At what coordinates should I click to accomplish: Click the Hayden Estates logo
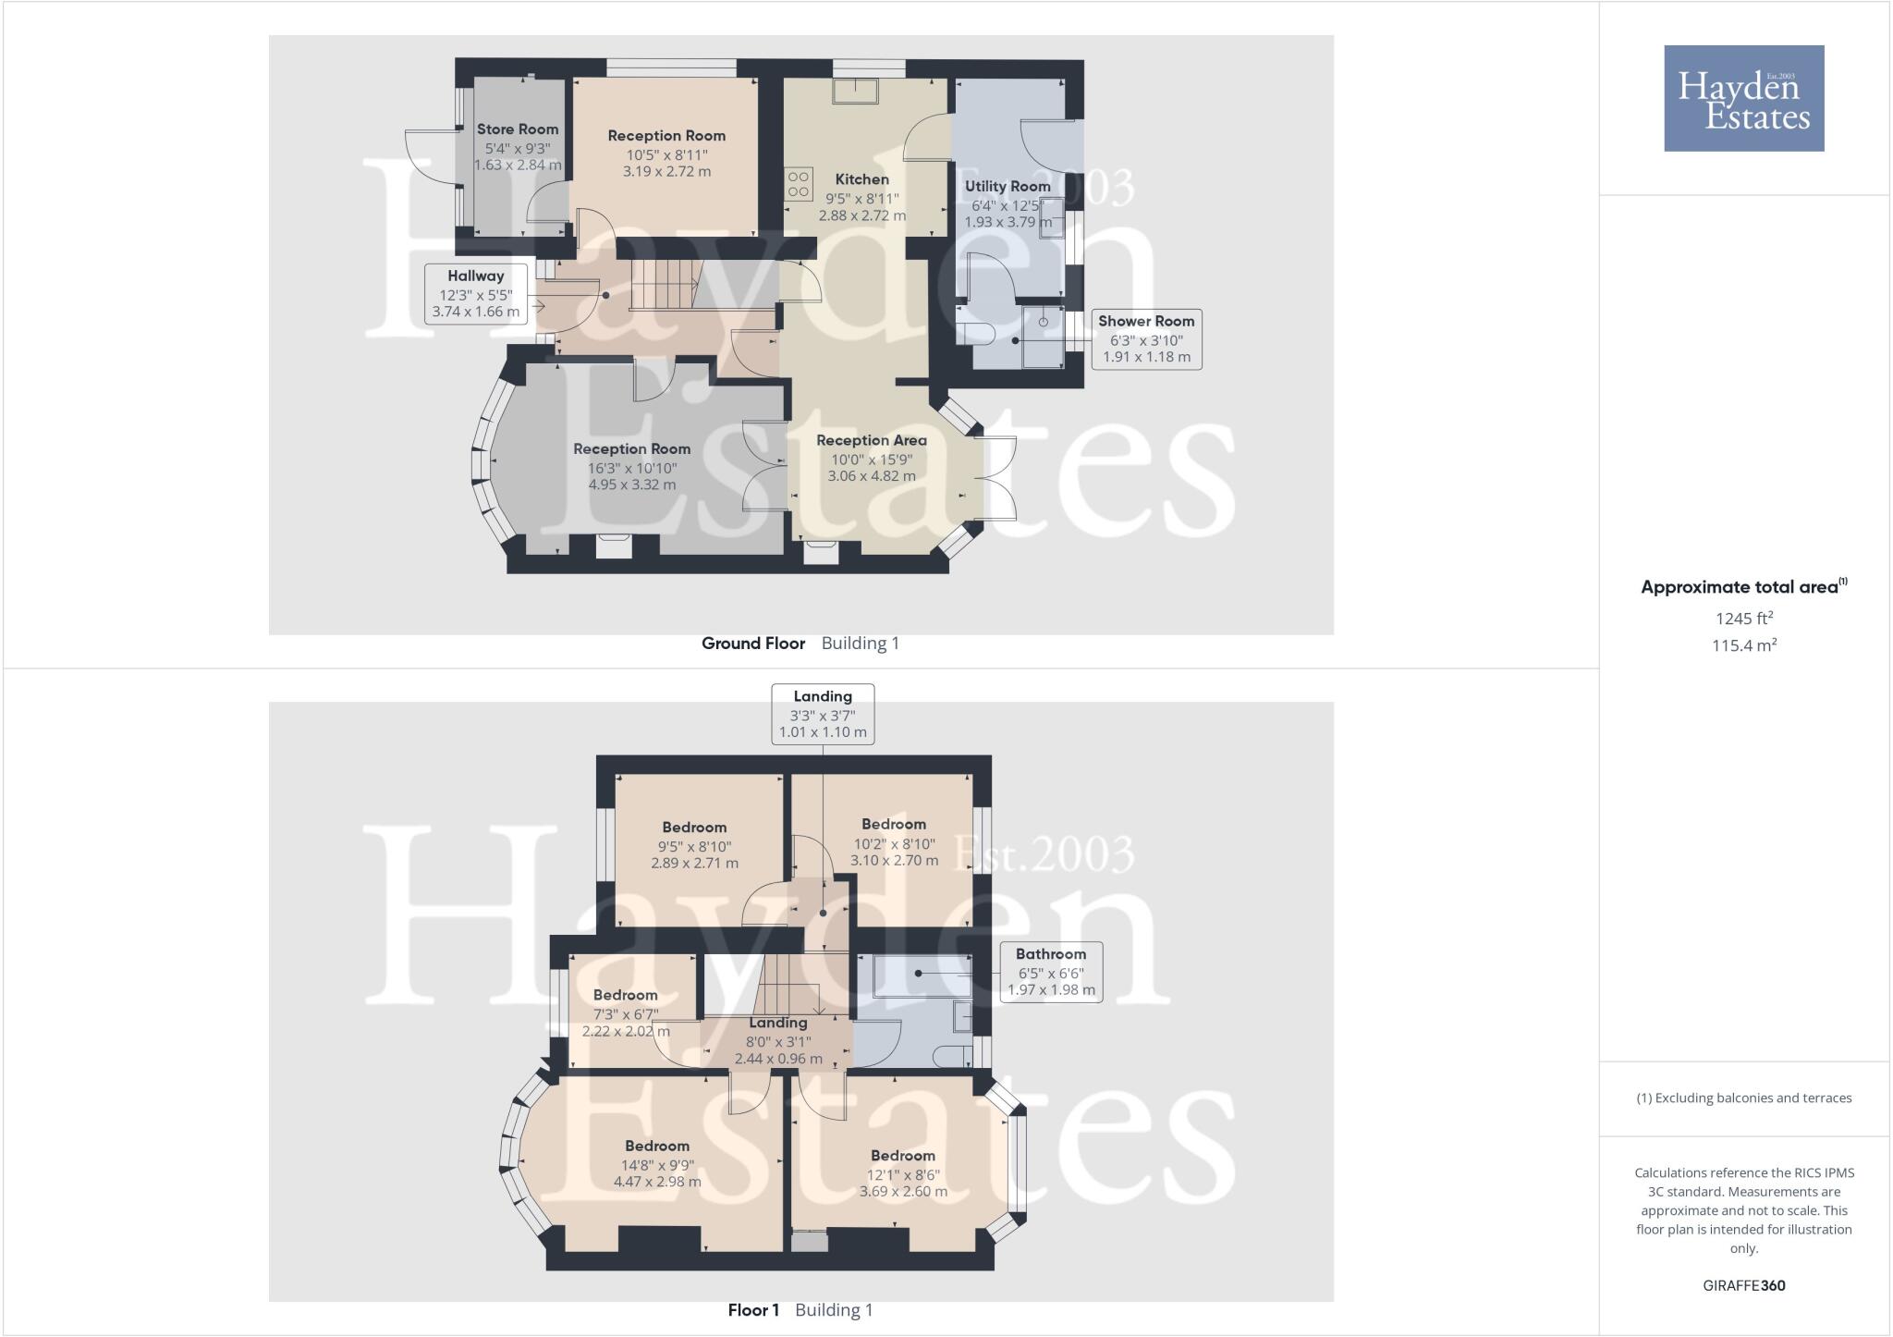tap(1743, 98)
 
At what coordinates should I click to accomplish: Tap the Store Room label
tap(518, 129)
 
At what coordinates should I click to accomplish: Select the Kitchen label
tap(861, 179)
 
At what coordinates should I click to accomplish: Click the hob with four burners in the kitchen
tap(799, 184)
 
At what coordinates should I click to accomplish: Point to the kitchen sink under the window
tap(855, 91)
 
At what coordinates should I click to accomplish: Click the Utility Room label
tap(1008, 186)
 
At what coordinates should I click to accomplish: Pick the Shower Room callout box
tap(1146, 339)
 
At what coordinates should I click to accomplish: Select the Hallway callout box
tap(476, 293)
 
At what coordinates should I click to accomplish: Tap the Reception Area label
tap(871, 440)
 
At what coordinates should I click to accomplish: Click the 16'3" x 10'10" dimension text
tap(631, 468)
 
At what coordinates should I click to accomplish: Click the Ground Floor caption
tap(753, 644)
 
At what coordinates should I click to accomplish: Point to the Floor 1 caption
tap(753, 1310)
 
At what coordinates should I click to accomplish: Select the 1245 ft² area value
tap(1744, 619)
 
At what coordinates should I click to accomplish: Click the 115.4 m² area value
tap(1744, 645)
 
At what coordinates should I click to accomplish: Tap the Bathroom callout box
tap(1051, 972)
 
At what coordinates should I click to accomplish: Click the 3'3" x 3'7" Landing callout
tap(823, 714)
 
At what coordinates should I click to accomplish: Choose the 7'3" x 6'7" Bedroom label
tap(626, 995)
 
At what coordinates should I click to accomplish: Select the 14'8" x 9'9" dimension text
tap(657, 1165)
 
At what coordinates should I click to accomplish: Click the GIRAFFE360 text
tap(1743, 1285)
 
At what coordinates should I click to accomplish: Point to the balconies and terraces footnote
tap(1743, 1098)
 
